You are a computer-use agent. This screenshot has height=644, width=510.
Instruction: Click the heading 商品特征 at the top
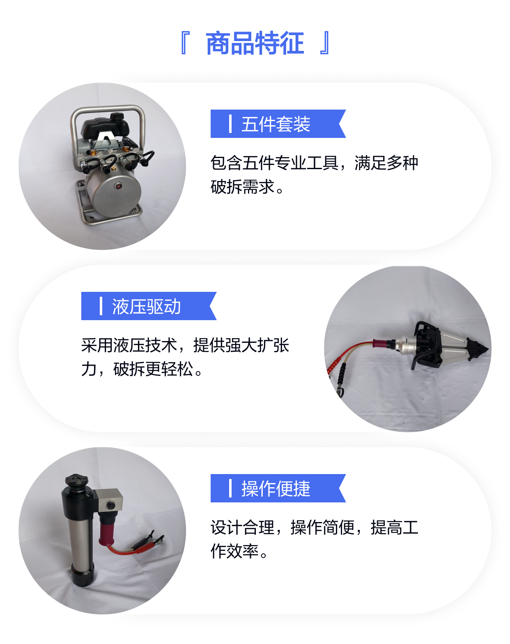coord(255,43)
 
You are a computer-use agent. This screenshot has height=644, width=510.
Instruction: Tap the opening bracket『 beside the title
coord(185,43)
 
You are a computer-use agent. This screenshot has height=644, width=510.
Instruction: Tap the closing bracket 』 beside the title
coord(325,43)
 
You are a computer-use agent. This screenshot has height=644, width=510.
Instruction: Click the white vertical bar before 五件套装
coord(230,124)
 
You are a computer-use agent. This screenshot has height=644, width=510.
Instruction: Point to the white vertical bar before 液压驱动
coord(101,306)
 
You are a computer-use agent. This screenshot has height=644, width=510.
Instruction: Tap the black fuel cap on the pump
coord(117,116)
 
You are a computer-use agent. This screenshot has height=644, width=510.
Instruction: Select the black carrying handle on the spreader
coord(425,344)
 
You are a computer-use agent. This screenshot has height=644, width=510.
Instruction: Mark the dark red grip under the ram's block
coord(106,530)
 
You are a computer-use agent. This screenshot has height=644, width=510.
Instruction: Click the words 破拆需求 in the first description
coord(243,187)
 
